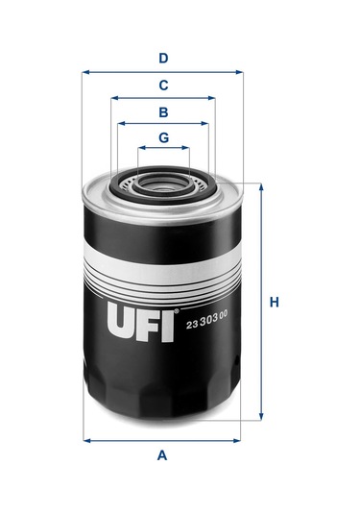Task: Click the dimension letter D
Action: tap(163, 59)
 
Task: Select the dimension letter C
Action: tap(163, 86)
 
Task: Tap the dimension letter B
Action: tap(163, 112)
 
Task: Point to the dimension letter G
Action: tap(164, 137)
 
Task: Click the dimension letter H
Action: tap(275, 302)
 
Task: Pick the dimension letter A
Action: tap(162, 455)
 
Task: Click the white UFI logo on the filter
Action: tap(140, 322)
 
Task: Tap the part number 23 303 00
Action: tap(206, 321)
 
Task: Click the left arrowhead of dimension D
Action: tap(85, 72)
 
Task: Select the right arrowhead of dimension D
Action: tap(239, 72)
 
